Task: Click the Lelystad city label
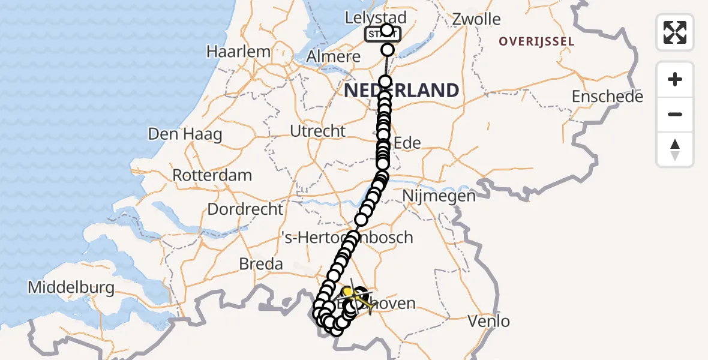tap(376, 17)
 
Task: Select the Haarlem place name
tap(238, 52)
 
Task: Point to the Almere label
tap(334, 58)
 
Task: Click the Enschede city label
tap(607, 97)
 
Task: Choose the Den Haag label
tap(185, 134)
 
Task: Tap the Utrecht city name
tap(317, 131)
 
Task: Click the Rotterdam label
tap(212, 176)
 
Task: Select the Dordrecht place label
tap(245, 209)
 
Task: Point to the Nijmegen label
tap(439, 196)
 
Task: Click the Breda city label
tap(260, 264)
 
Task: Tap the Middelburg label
tap(71, 287)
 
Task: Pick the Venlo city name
tap(488, 321)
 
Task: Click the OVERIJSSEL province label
tap(537, 42)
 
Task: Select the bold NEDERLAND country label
tap(401, 91)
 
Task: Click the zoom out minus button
tap(675, 115)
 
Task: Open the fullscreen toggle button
tap(675, 32)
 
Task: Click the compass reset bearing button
tap(675, 149)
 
